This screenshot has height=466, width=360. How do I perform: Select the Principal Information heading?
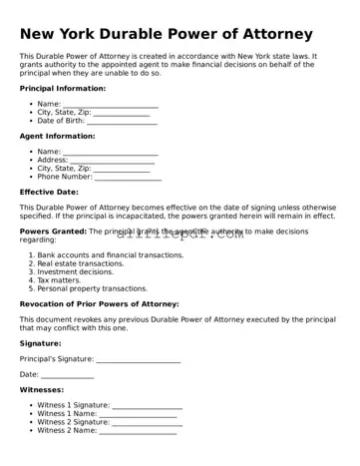[x=63, y=88]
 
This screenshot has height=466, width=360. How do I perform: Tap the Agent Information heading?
[x=57, y=136]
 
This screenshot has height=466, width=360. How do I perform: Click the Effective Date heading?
[x=49, y=192]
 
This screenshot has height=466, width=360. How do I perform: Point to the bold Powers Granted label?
[x=53, y=232]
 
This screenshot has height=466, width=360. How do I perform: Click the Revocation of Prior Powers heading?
[x=99, y=303]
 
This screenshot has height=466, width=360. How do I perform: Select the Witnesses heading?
[x=41, y=390]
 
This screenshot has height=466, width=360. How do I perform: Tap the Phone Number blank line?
[x=128, y=178]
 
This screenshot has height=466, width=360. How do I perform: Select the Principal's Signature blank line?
[x=139, y=359]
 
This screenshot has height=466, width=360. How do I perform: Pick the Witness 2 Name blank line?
[x=138, y=431]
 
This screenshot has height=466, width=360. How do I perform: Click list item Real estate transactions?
[x=81, y=263]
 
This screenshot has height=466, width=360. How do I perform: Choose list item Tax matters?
[x=59, y=280]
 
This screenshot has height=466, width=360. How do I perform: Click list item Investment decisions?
[x=76, y=271]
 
